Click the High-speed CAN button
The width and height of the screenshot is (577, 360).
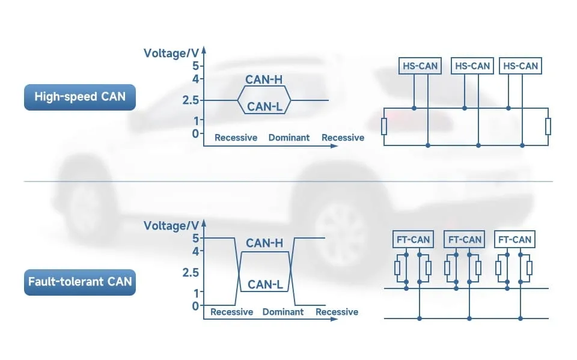(80, 97)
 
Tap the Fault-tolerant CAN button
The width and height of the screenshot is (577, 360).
(80, 281)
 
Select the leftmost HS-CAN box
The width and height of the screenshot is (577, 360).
(420, 66)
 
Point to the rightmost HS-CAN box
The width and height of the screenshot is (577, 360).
(520, 66)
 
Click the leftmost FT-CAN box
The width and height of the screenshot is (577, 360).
(413, 239)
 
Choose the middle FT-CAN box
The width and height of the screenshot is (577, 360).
(464, 239)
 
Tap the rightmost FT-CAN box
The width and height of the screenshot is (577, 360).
(514, 239)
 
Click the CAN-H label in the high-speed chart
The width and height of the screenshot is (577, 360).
(264, 79)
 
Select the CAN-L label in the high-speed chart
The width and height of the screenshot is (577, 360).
(264, 107)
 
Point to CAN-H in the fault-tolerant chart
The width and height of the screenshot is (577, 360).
(264, 243)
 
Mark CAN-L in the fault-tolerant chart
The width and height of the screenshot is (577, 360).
(265, 284)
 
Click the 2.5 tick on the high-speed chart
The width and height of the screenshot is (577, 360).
(191, 100)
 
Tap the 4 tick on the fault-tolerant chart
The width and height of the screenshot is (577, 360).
(194, 251)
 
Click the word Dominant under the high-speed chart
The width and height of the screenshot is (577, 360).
(289, 138)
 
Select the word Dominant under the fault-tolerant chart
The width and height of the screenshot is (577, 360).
(283, 312)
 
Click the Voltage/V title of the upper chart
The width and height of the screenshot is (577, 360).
(171, 53)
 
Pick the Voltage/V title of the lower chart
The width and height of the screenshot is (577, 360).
(171, 226)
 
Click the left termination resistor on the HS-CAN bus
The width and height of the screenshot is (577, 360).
(383, 127)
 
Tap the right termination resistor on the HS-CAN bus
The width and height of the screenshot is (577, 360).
(548, 127)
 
